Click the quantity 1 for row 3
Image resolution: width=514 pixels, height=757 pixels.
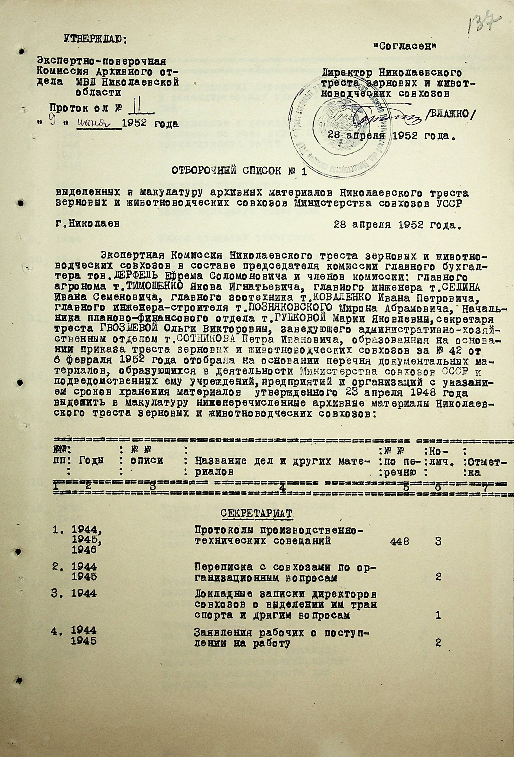(438, 615)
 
